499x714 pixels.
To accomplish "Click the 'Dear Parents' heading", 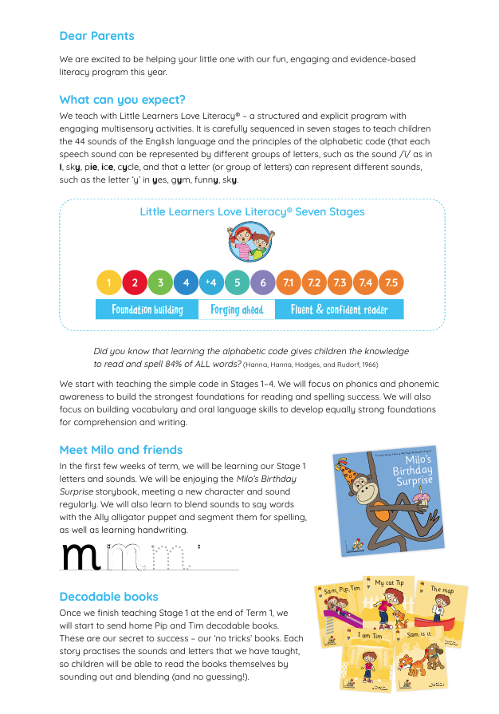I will [96, 36].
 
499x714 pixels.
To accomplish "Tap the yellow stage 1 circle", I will [109, 282].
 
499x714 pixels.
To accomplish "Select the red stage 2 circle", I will [135, 282].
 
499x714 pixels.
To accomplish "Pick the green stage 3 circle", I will [160, 282].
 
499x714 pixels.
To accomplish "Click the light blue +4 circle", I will [211, 282].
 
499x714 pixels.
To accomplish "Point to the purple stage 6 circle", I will [263, 282].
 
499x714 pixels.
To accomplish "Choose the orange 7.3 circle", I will [340, 282].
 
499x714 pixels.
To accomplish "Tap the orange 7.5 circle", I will [391, 282].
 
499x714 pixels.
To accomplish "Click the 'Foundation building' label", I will [147, 310].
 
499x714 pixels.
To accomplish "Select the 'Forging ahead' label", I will [237, 310].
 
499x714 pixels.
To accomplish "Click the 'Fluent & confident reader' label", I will [339, 310].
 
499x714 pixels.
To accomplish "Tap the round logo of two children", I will [250, 242].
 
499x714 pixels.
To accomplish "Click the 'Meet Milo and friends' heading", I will [121, 450].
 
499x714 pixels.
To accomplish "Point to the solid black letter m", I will [81, 557].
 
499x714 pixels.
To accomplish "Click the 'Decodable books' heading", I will [109, 597].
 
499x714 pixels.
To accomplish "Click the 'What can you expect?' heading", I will [122, 100].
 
